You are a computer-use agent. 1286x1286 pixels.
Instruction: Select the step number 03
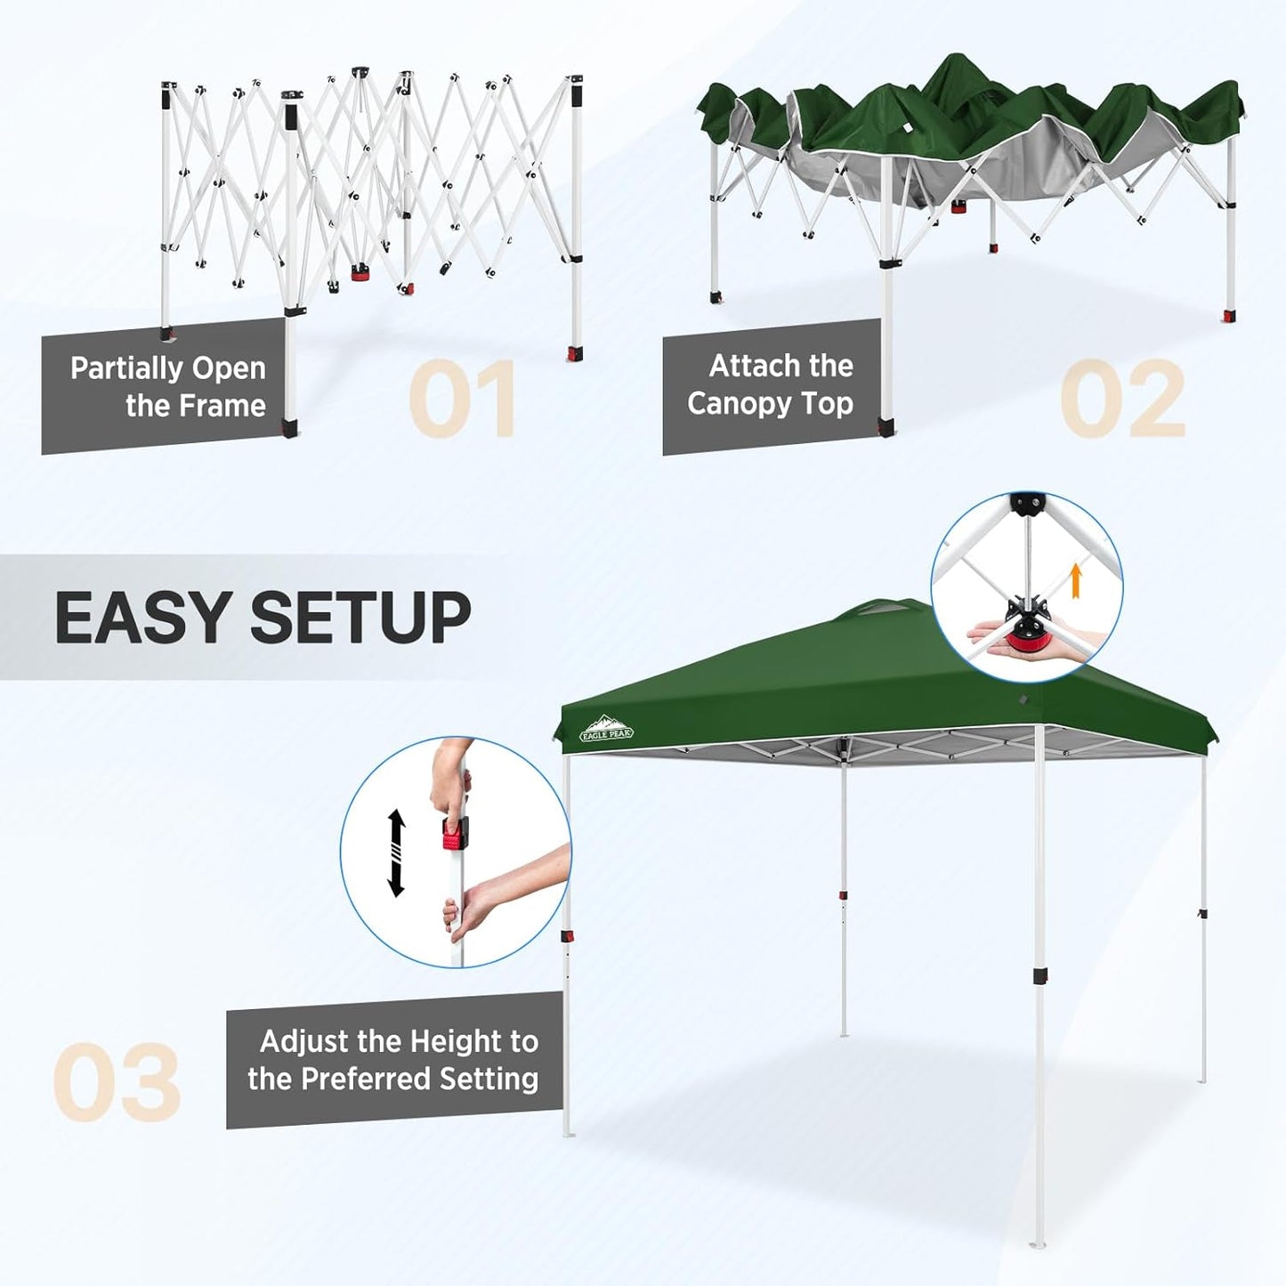click(117, 1082)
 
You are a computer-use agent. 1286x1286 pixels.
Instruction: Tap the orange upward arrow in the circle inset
click(1075, 578)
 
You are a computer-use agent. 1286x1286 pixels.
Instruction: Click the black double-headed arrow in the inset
click(397, 853)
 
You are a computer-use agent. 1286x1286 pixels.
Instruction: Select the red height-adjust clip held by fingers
click(455, 835)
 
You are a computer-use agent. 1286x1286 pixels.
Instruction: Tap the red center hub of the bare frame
click(360, 273)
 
